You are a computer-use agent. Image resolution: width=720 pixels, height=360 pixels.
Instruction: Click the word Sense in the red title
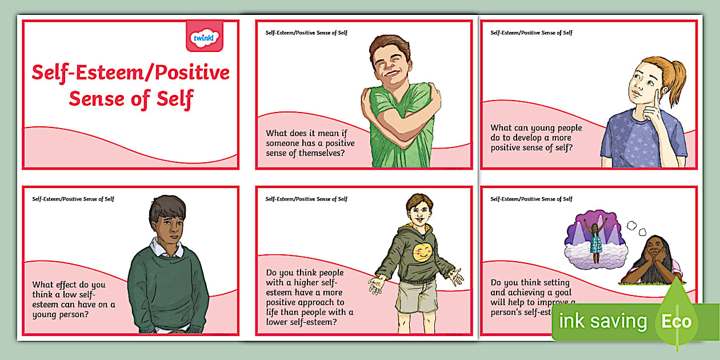click(96, 99)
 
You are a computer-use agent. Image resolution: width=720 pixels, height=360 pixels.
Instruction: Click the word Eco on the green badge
click(677, 321)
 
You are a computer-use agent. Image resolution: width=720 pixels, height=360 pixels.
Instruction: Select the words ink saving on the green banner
click(603, 321)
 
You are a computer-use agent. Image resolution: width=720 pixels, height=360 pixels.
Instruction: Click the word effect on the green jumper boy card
click(71, 284)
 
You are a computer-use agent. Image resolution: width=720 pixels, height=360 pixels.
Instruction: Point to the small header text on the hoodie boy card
click(306, 199)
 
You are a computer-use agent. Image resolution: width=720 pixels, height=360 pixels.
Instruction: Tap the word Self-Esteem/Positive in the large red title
click(131, 73)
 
